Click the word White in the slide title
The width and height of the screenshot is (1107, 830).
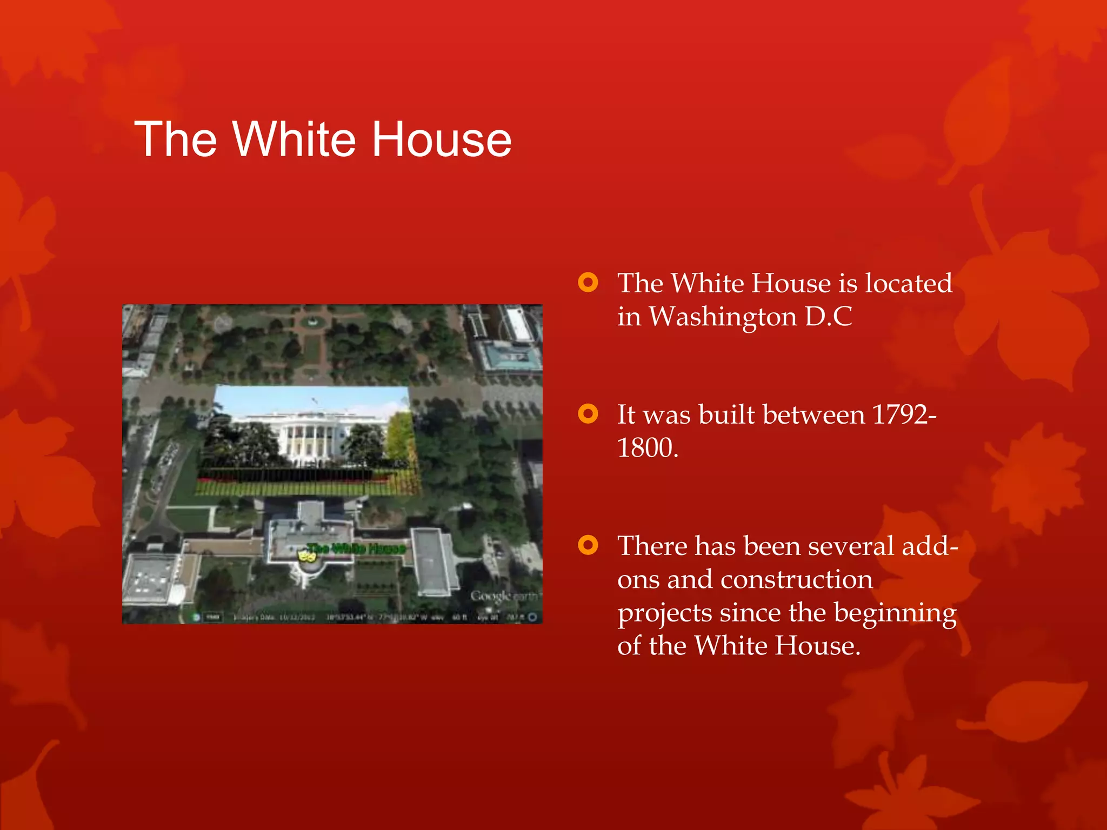[x=294, y=139]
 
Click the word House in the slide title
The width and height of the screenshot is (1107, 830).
[x=442, y=139]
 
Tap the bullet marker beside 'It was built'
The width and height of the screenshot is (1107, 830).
[x=588, y=414]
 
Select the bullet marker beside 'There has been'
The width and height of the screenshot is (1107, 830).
[x=588, y=545]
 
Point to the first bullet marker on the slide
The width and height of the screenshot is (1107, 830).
[x=588, y=283]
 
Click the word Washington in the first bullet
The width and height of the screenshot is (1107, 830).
[x=723, y=317]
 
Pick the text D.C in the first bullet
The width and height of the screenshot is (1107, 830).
[x=828, y=317]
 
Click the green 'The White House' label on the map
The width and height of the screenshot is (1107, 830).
[x=356, y=548]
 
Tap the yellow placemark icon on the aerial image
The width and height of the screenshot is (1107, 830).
[x=307, y=556]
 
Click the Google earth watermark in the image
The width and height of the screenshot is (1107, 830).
[x=503, y=595]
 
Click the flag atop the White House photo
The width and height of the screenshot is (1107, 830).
[x=315, y=401]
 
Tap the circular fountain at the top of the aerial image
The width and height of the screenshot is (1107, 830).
[x=311, y=323]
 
